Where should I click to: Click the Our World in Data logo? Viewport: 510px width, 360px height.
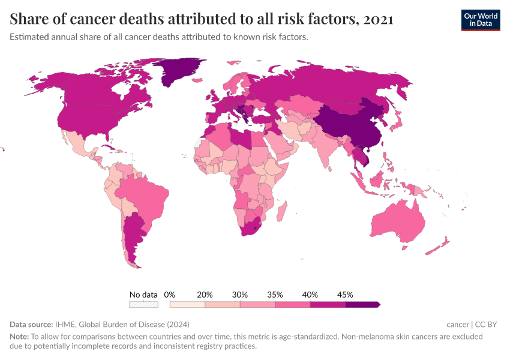(480, 20)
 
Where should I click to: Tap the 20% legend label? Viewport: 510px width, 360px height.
(205, 295)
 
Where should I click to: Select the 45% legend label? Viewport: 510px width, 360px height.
(345, 295)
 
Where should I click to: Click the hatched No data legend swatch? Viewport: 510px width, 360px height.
(143, 304)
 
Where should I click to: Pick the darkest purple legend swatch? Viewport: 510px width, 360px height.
(362, 304)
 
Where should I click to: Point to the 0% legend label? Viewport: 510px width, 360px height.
(169, 295)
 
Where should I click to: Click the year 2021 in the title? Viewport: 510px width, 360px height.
(378, 19)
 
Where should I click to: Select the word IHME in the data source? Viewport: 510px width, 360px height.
(64, 324)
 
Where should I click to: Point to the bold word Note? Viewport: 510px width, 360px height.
(19, 337)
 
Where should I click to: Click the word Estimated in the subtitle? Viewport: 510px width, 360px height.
(29, 37)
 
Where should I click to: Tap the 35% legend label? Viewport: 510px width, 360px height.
(275, 295)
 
